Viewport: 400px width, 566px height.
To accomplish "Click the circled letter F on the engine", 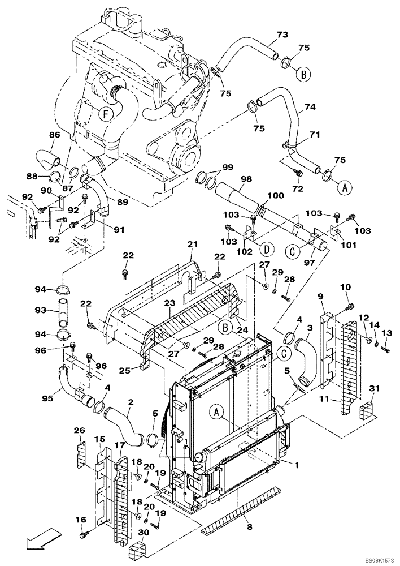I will coord(105,114).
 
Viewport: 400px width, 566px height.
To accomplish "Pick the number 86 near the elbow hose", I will coord(55,136).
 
